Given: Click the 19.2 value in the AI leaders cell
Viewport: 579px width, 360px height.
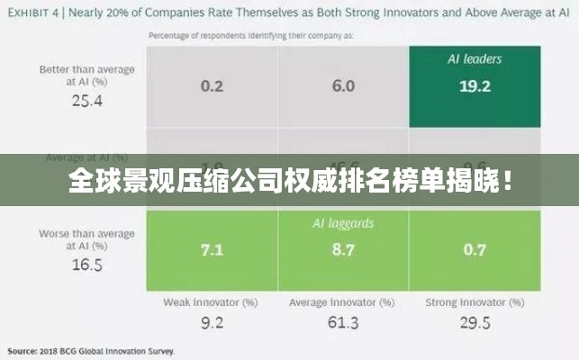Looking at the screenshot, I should tap(475, 88).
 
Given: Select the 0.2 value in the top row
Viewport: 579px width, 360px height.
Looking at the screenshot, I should tap(212, 86).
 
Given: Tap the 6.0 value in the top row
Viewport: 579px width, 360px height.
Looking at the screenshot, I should tap(343, 86).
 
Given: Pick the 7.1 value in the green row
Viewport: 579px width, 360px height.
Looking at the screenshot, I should tap(212, 250).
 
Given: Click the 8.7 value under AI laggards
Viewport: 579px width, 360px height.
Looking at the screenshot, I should tap(343, 250).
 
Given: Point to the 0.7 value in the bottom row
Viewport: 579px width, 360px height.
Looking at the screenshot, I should tap(475, 250).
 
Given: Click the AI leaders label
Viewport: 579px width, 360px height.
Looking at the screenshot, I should tap(475, 59).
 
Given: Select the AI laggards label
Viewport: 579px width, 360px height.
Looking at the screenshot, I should tap(343, 222).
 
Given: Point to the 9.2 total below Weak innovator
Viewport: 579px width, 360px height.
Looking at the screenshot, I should tap(211, 322).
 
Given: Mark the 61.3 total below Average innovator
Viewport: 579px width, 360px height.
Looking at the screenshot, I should tap(343, 322).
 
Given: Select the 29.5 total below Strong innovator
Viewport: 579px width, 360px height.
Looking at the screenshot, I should tap(475, 322).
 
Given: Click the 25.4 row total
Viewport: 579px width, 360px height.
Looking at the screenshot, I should tap(86, 101).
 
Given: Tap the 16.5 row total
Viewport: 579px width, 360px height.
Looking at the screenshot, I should tap(86, 265).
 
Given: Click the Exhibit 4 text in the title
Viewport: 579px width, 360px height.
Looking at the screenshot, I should tap(34, 14).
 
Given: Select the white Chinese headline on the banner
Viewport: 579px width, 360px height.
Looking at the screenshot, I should tap(289, 180).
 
